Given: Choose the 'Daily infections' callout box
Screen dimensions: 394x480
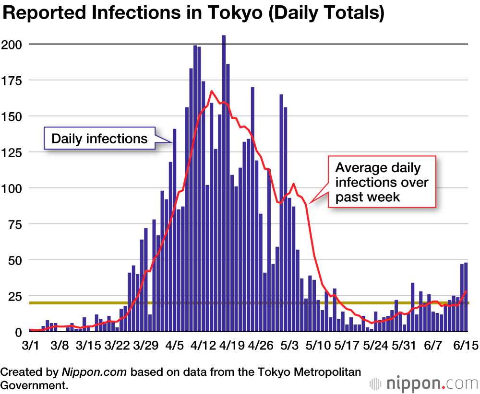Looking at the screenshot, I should click(x=99, y=139).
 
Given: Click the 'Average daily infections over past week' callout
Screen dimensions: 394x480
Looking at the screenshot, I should click(x=382, y=182).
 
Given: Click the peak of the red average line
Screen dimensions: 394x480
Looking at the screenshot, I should click(x=212, y=91).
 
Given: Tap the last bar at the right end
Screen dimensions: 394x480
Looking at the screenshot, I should click(x=466, y=297).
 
